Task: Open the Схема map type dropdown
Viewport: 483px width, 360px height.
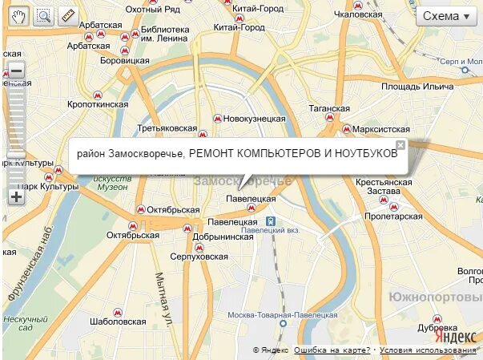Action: click(x=445, y=16)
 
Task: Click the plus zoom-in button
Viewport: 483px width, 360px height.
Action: click(x=16, y=196)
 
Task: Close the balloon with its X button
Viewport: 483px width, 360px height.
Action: click(x=400, y=145)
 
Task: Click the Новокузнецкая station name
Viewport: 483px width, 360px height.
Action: click(x=254, y=118)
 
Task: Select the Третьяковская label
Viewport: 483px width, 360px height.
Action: click(x=167, y=128)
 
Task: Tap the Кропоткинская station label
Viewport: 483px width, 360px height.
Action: click(x=98, y=104)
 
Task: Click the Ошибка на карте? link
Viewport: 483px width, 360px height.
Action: click(x=332, y=350)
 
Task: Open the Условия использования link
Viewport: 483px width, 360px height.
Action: click(x=428, y=350)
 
